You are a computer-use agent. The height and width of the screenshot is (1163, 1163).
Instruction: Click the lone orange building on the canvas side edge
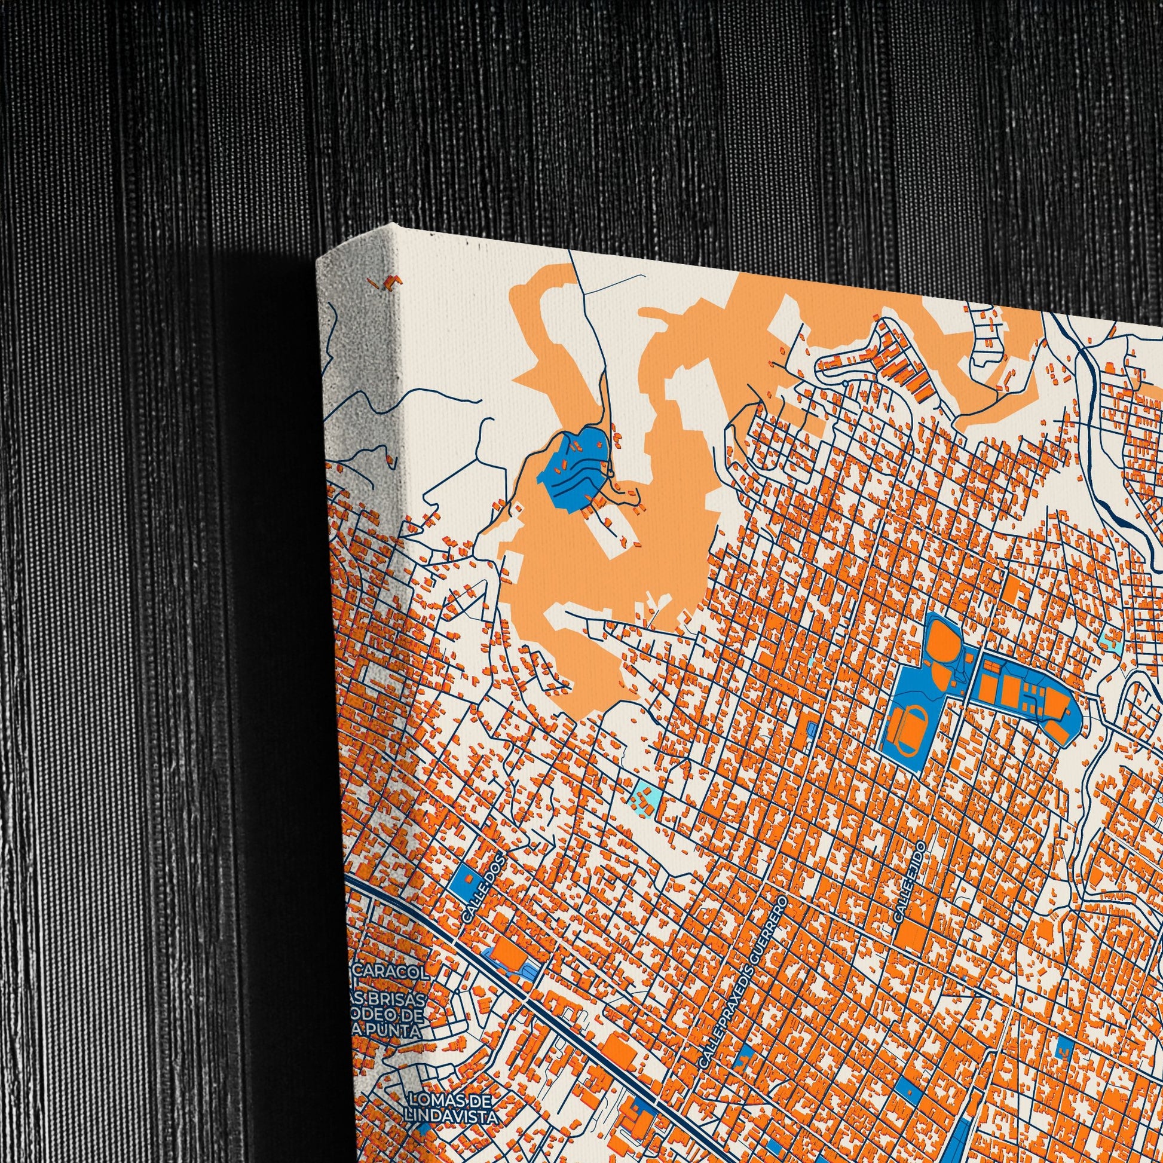[391, 281]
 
